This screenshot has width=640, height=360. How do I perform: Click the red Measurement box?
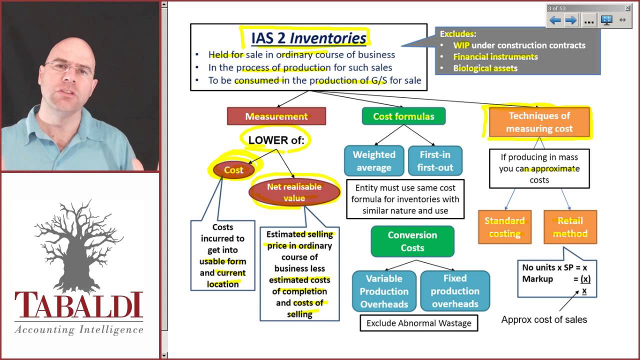(276, 116)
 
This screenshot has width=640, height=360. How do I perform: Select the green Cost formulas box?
(403, 116)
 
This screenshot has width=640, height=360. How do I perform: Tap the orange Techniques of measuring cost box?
(539, 122)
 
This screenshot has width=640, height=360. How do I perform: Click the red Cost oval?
(233, 170)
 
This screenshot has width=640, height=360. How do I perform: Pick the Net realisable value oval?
(294, 192)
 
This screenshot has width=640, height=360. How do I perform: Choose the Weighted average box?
(374, 161)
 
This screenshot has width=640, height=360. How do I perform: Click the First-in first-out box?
(435, 161)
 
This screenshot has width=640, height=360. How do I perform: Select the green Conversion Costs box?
(412, 241)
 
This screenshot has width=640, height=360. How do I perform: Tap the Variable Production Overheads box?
(384, 291)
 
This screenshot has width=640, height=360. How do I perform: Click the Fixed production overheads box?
(454, 291)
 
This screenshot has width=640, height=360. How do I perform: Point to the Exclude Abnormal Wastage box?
(418, 323)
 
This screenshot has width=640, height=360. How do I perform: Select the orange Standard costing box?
(504, 227)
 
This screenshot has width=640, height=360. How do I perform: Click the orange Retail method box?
(569, 227)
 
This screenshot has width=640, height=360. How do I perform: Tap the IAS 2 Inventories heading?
(308, 38)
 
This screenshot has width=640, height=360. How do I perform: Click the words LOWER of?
(276, 140)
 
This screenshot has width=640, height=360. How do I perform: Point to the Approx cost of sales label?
(544, 319)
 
